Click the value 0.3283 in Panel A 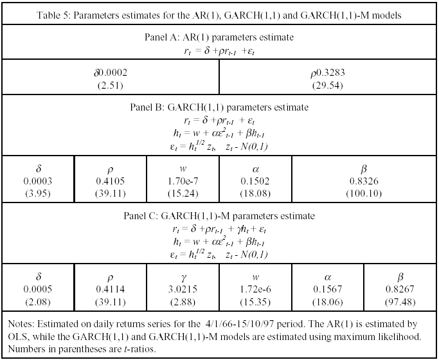(x=330, y=73)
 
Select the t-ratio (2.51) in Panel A (x=111, y=85)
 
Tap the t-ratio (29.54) (x=328, y=85)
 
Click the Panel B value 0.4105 (x=111, y=181)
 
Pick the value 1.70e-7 (x=183, y=181)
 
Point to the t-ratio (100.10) (x=364, y=194)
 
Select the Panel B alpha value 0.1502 (x=255, y=181)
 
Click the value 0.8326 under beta (x=364, y=181)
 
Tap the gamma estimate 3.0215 (x=183, y=289)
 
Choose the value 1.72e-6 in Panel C (x=255, y=289)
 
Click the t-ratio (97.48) (x=400, y=302)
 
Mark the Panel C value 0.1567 (x=328, y=289)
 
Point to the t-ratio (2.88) (x=183, y=302)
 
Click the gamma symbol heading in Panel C (x=183, y=278)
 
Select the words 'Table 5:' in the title (x=53, y=15)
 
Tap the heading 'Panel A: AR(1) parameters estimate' (x=219, y=37)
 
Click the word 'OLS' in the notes (x=17, y=336)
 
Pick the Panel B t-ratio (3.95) (x=38, y=194)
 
